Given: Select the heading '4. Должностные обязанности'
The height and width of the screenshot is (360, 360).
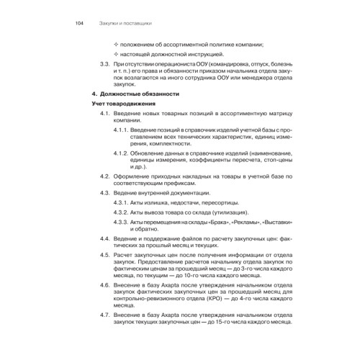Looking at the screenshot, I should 137,94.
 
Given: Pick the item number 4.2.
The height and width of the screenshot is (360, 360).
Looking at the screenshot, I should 104,178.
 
